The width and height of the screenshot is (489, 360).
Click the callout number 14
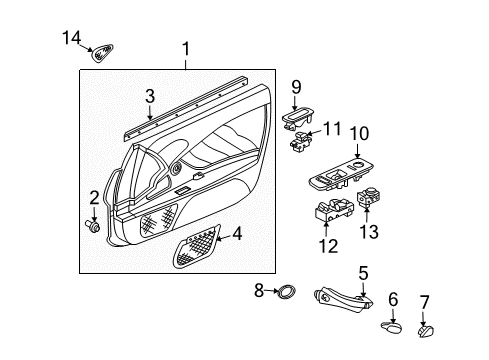(x=72, y=37)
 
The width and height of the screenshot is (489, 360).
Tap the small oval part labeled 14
(x=102, y=53)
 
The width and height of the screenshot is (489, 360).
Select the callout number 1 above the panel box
(x=186, y=49)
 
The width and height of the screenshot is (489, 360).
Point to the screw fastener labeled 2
(x=92, y=226)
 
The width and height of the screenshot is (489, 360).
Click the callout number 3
(x=150, y=96)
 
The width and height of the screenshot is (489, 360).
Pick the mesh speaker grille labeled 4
(x=196, y=246)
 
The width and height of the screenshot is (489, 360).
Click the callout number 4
(x=237, y=233)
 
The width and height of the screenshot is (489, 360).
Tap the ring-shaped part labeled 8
(x=286, y=291)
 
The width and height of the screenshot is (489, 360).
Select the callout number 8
(x=259, y=290)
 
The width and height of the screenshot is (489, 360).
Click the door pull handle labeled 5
(x=343, y=299)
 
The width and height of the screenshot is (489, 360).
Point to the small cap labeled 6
(x=392, y=327)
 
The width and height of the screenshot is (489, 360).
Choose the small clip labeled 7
(x=426, y=332)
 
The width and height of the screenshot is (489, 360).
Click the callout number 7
(x=424, y=302)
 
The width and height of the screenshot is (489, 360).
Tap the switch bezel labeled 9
(x=297, y=119)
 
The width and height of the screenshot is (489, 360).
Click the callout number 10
(x=359, y=133)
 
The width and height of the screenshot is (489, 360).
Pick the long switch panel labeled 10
(x=342, y=173)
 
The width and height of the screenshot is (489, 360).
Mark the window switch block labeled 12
(x=334, y=210)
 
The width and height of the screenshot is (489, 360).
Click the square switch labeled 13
(x=369, y=197)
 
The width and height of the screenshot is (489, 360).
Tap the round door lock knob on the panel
(x=176, y=168)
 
